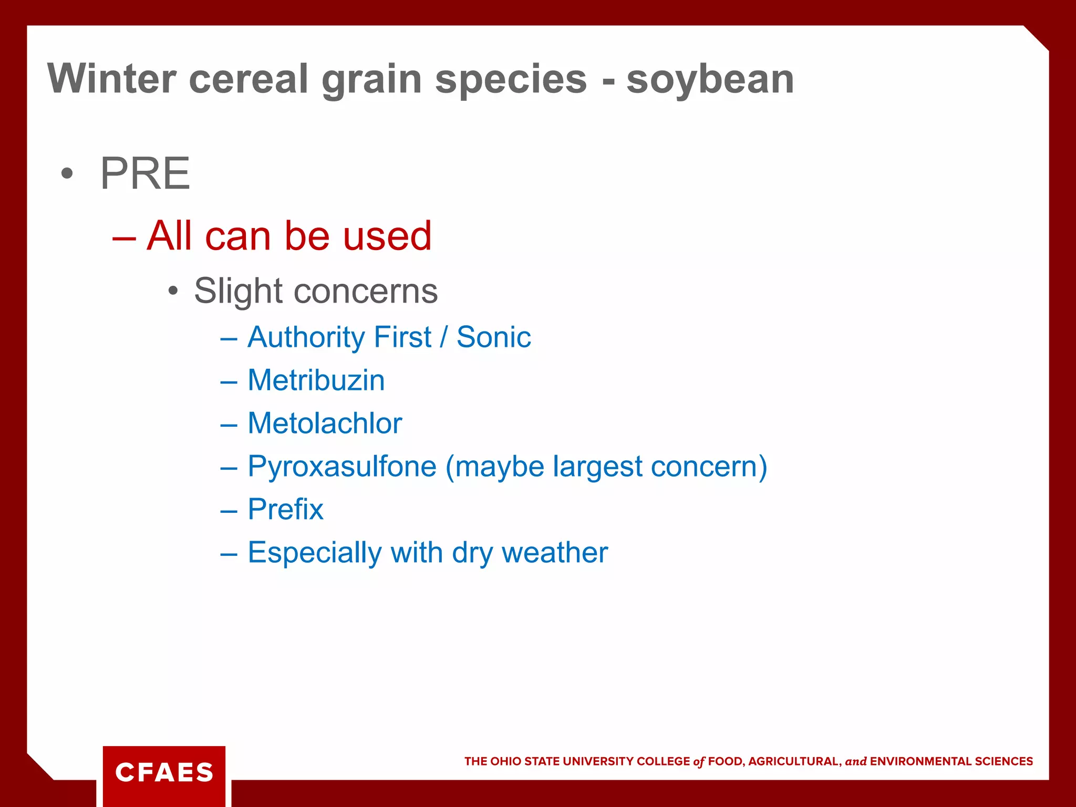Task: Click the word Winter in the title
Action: [x=111, y=79]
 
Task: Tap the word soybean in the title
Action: [x=710, y=80]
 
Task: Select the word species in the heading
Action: [x=511, y=80]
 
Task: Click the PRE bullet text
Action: [x=145, y=174]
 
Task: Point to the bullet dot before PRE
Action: [x=66, y=174]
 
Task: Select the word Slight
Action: [x=239, y=291]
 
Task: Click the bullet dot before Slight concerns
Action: [x=173, y=291]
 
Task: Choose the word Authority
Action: [x=306, y=337]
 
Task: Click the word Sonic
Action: [x=493, y=337]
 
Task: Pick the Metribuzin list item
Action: [x=316, y=380]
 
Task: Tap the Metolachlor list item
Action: [x=324, y=423]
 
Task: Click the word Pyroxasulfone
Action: [x=342, y=467]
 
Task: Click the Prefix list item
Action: [x=285, y=509]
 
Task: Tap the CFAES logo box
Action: [x=164, y=772]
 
